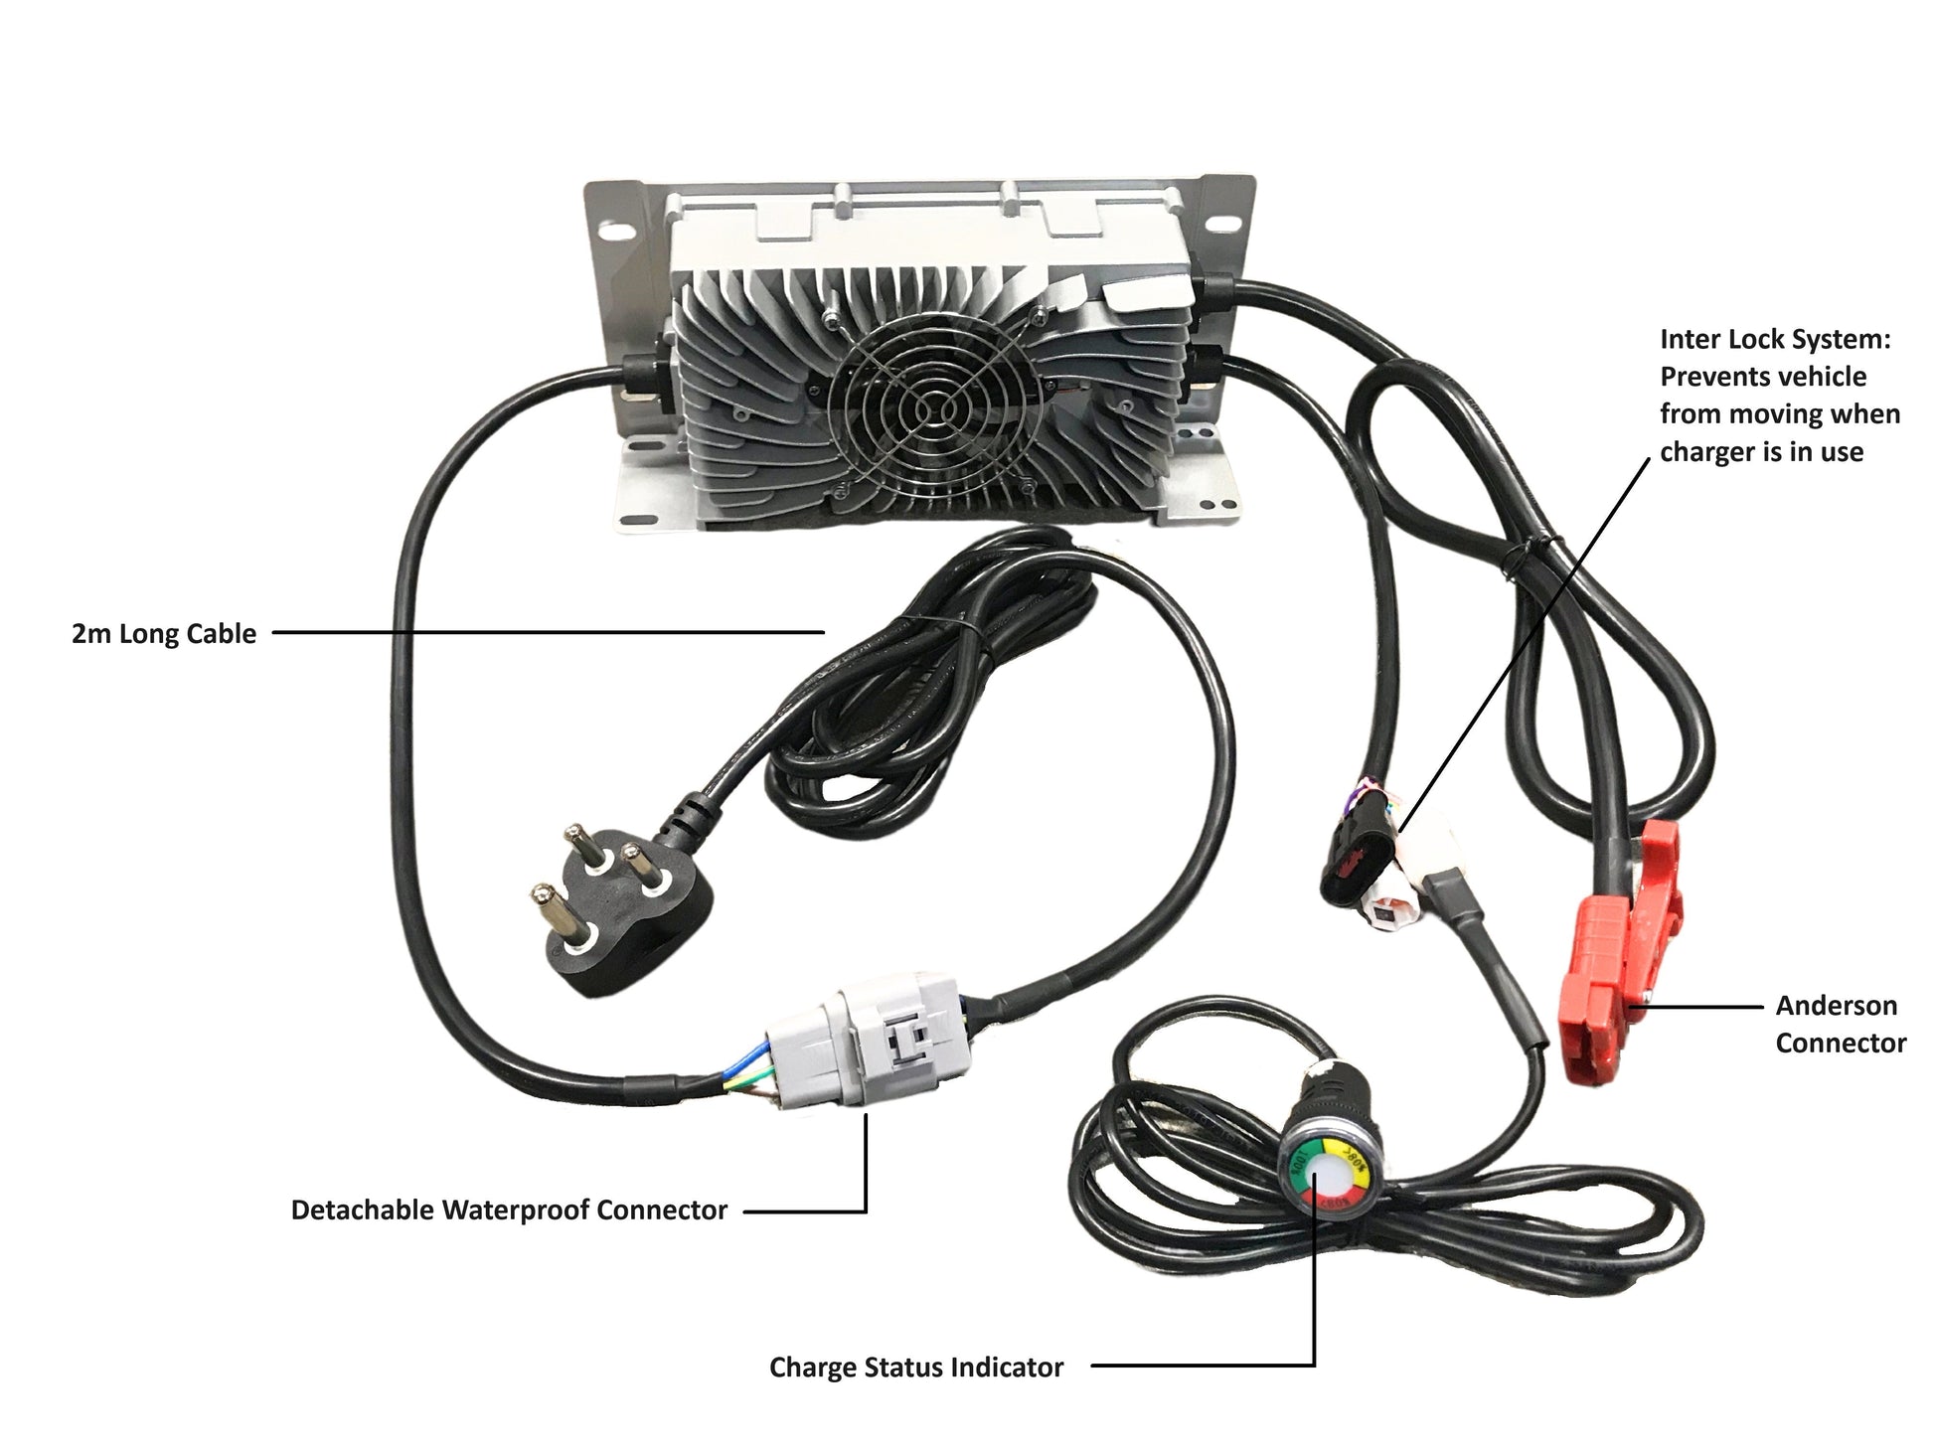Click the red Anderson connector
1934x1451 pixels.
[x=1620, y=954]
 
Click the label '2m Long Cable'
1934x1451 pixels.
[x=164, y=634]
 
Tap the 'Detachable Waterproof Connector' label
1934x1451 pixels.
[x=509, y=1209]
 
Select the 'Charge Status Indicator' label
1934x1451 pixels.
[x=915, y=1368]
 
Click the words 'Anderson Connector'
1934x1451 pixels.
[x=1840, y=1024]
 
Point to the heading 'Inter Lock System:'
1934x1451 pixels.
[x=1775, y=339]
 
